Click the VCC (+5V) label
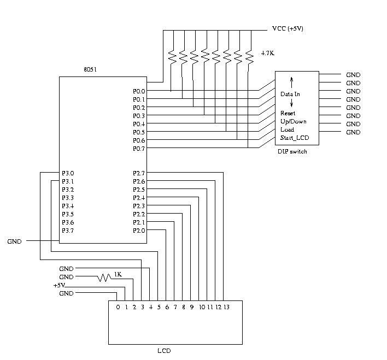click(288, 29)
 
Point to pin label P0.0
click(139, 91)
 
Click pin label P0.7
click(139, 149)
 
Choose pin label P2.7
click(139, 173)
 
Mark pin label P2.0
click(139, 231)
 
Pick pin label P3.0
click(68, 173)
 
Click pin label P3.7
click(68, 231)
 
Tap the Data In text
click(290, 94)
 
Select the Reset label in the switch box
click(288, 114)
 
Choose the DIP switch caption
click(292, 151)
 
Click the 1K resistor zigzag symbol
click(104, 278)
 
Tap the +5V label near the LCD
click(60, 286)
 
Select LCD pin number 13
click(226, 307)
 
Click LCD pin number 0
click(118, 307)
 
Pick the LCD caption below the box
click(172, 351)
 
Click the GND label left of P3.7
click(15, 241)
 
